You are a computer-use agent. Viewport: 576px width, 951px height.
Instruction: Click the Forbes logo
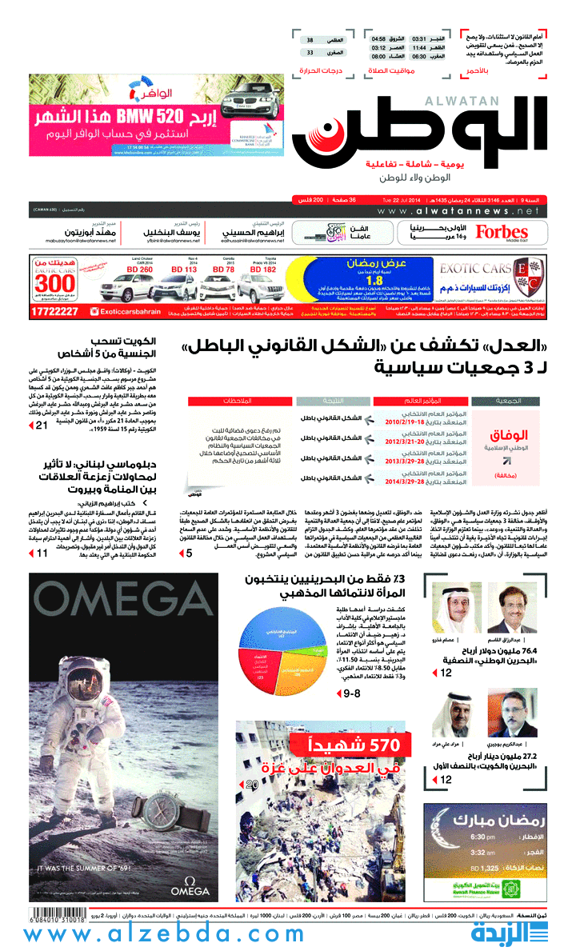502,232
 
